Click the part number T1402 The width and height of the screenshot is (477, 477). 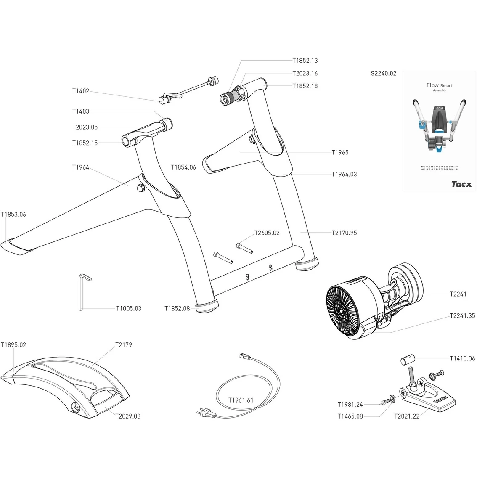pos(80,91)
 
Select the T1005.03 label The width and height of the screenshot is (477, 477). pos(128,308)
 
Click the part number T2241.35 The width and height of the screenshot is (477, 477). pos(462,315)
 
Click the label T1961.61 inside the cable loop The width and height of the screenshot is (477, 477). pos(241,400)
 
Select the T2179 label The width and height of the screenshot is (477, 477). pos(124,345)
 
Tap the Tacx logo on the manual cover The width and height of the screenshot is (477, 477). pos(461,184)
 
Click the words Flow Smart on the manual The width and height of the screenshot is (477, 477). pos(439,85)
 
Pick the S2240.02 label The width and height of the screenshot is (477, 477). pos(383,73)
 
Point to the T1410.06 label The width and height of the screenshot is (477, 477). pos(462,358)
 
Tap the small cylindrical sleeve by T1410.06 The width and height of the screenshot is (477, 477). pos(406,360)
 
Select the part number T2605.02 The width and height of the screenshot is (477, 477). pos(267,233)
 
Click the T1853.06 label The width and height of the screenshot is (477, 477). pos(13,215)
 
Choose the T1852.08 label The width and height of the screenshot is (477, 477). pos(177,308)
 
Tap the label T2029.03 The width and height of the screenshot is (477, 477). pos(128,416)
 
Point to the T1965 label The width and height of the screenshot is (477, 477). pos(340,152)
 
